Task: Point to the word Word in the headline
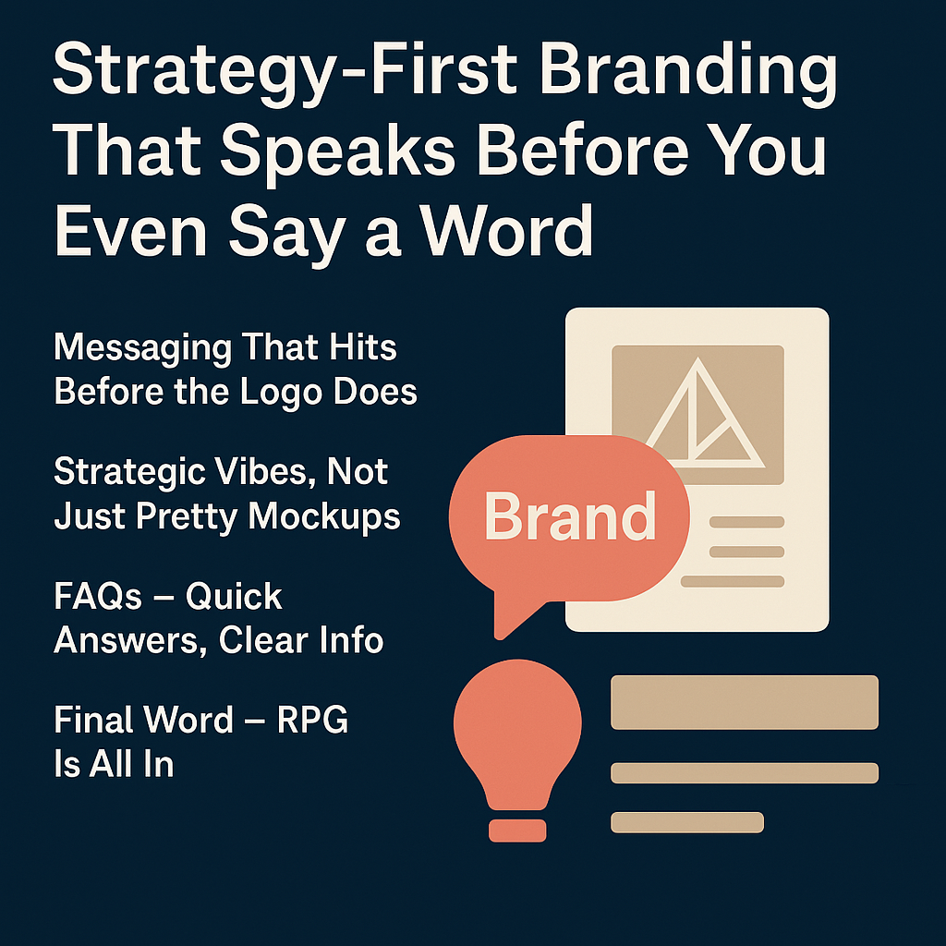tap(507, 230)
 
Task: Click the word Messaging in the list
tap(142, 348)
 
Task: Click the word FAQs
tap(98, 597)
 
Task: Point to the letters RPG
tap(312, 719)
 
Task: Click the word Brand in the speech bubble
tap(570, 516)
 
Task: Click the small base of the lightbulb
tap(517, 831)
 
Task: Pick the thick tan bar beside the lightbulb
tap(745, 702)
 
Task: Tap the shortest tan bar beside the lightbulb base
tap(687, 822)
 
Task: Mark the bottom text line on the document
tap(733, 582)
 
